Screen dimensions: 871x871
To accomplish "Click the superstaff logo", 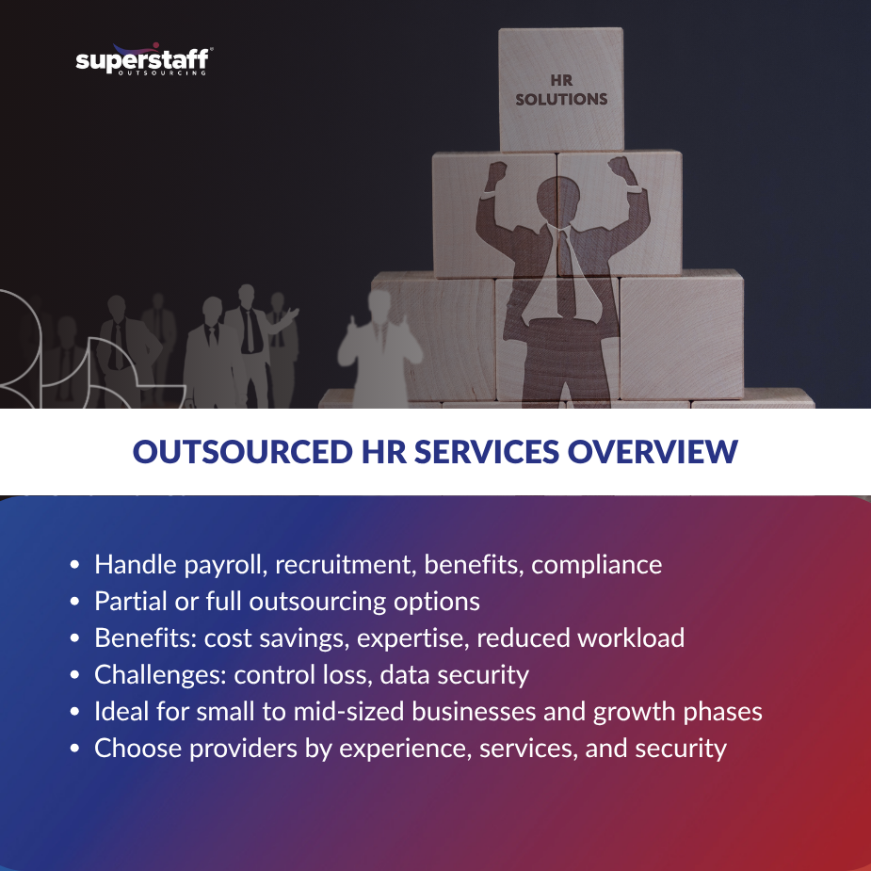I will [143, 61].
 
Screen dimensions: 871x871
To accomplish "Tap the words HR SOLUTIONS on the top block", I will [561, 90].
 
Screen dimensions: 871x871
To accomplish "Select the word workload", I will [631, 638].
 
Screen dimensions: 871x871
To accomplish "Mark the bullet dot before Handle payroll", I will [75, 566].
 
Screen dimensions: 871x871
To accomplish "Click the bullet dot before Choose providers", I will [75, 750].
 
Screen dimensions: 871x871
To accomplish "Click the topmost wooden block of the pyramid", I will [561, 89].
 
